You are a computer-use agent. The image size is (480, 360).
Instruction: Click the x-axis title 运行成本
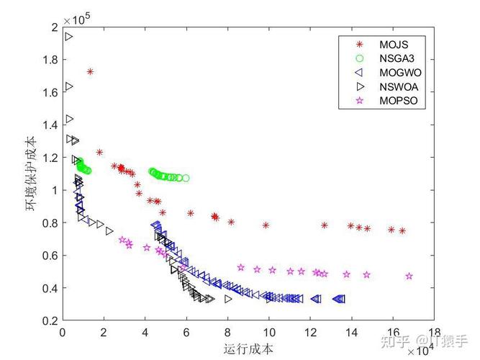pyautogui.click(x=249, y=348)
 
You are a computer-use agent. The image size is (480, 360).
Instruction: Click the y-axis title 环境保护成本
pyautogui.click(x=30, y=174)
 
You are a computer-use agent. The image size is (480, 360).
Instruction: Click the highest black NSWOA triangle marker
pyautogui.click(x=69, y=37)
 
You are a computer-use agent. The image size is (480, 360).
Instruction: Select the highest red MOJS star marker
pyautogui.click(x=90, y=72)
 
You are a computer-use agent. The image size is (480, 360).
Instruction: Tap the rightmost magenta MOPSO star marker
pyautogui.click(x=409, y=276)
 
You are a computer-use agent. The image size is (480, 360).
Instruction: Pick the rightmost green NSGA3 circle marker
pyautogui.click(x=186, y=178)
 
